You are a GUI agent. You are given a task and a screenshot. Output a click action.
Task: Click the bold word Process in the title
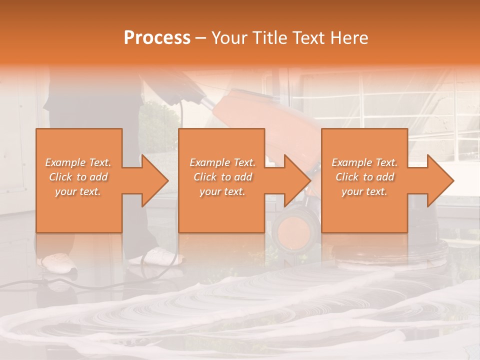(x=157, y=38)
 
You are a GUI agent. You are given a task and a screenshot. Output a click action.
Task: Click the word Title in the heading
(x=269, y=38)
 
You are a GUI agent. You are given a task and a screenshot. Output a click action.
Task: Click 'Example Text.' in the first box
(x=78, y=162)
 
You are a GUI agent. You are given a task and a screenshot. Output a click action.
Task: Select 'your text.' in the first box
(x=78, y=191)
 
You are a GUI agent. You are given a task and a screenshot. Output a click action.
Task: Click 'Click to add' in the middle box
(x=222, y=177)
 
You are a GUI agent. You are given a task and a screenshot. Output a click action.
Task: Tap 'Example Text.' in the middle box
(x=222, y=162)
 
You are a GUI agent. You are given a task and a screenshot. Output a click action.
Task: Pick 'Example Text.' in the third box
(x=364, y=162)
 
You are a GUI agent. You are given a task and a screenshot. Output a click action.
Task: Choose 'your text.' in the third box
(x=364, y=191)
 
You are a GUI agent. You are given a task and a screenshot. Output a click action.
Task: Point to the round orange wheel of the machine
(x=295, y=230)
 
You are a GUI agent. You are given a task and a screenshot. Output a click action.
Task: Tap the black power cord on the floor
(x=30, y=285)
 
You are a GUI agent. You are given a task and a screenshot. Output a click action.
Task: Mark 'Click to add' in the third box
(x=364, y=177)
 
